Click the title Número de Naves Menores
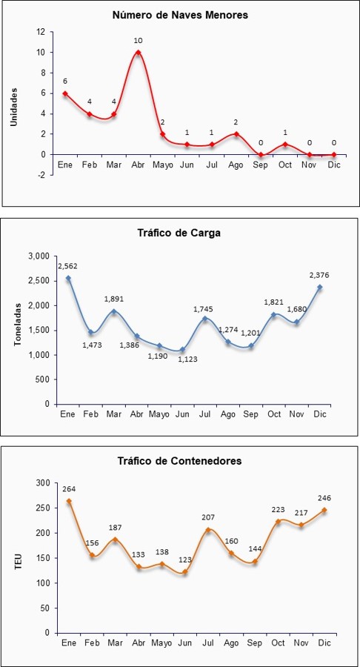click(180, 16)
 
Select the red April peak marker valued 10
click(138, 53)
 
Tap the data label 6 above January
click(65, 82)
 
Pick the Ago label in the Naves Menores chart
click(236, 165)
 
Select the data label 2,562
click(67, 266)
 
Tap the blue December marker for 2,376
click(319, 287)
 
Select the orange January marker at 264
click(69, 501)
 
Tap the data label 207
click(208, 517)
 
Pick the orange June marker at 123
click(184, 571)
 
